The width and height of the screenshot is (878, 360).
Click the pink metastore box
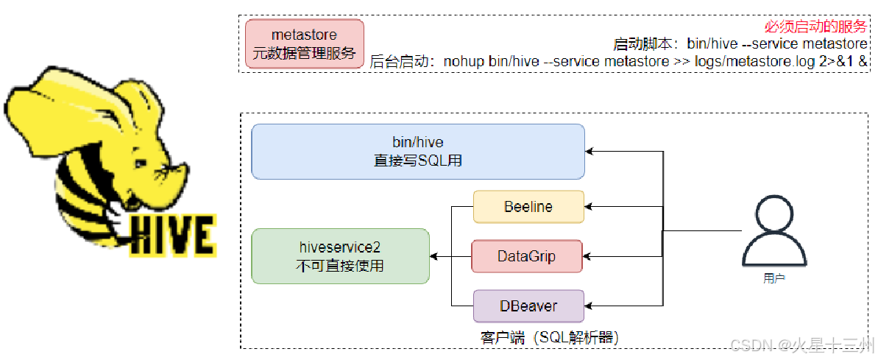click(x=305, y=44)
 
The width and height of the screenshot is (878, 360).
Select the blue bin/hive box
click(x=417, y=151)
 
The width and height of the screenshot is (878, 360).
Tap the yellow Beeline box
click(x=528, y=206)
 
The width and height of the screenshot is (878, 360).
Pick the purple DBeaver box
click(x=528, y=306)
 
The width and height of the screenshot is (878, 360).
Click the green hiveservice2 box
click(x=339, y=255)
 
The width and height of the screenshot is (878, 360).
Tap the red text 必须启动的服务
click(x=815, y=27)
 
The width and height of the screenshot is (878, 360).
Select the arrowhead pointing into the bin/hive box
click(x=590, y=152)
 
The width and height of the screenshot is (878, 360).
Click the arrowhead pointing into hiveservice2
click(x=434, y=256)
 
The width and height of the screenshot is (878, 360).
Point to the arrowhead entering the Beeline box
click(x=589, y=207)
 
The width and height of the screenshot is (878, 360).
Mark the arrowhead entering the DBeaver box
click(x=589, y=306)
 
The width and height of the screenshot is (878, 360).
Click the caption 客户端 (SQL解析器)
click(x=548, y=337)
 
